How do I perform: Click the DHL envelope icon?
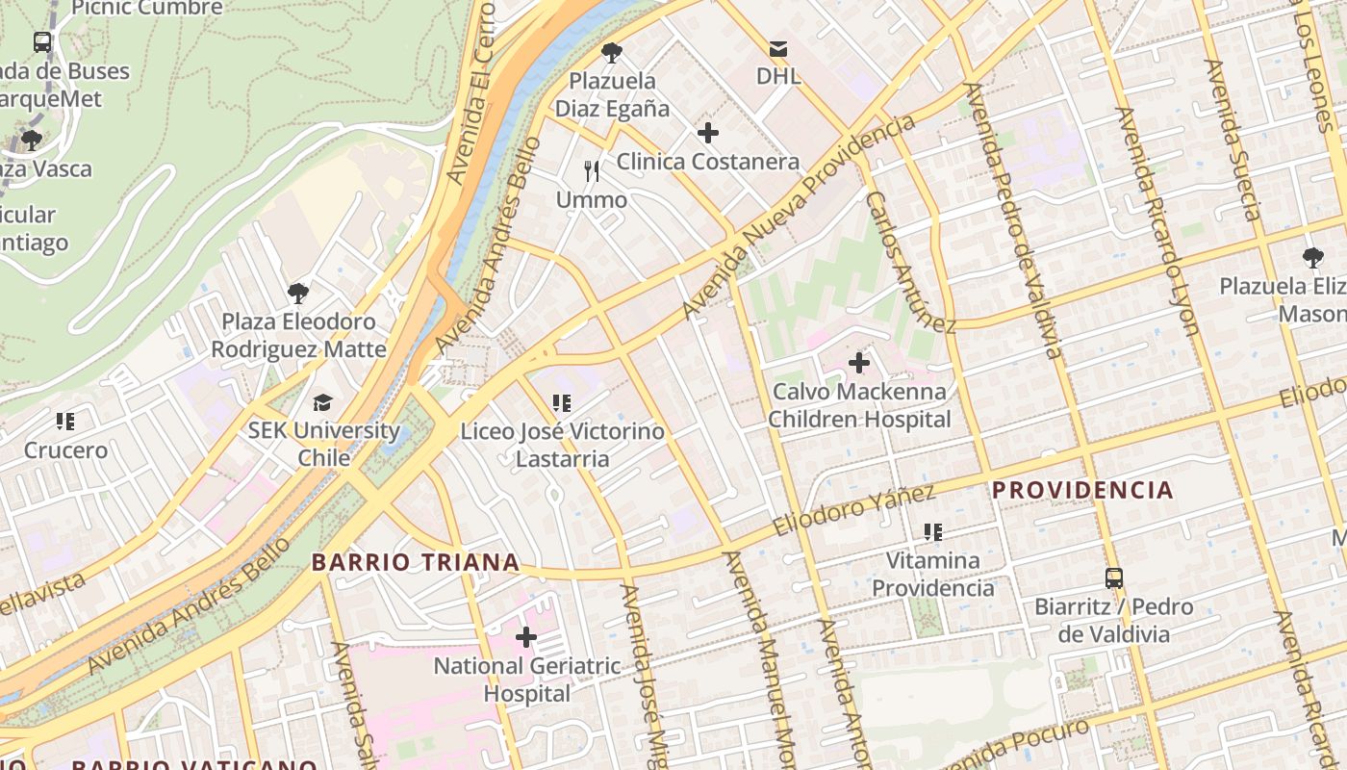pyautogui.click(x=777, y=48)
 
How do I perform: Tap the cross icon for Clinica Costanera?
pyautogui.click(x=708, y=133)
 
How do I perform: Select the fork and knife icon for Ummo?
pyautogui.click(x=592, y=171)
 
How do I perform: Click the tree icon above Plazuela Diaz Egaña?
pyautogui.click(x=611, y=53)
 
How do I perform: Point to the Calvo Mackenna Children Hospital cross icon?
pyautogui.click(x=859, y=363)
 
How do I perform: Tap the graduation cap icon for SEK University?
pyautogui.click(x=322, y=402)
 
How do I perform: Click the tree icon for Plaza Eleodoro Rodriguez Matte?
pyautogui.click(x=298, y=293)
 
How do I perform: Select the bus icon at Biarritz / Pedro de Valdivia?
pyautogui.click(x=1114, y=578)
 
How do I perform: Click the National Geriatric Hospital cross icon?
pyautogui.click(x=526, y=637)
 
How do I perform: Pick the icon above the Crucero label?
pyautogui.click(x=65, y=422)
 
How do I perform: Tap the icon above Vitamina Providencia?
pyautogui.click(x=932, y=532)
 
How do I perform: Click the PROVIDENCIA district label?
pyautogui.click(x=1082, y=490)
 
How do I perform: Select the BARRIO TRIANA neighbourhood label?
pyautogui.click(x=416, y=562)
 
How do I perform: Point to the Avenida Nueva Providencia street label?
pyautogui.click(x=799, y=217)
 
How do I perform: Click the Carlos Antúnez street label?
pyautogui.click(x=909, y=261)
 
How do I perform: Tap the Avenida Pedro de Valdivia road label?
pyautogui.click(x=1014, y=220)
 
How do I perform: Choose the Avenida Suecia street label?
pyautogui.click(x=1232, y=141)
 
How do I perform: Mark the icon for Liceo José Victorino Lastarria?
pyautogui.click(x=562, y=403)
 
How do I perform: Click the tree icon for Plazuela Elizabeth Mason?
pyautogui.click(x=1312, y=258)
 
